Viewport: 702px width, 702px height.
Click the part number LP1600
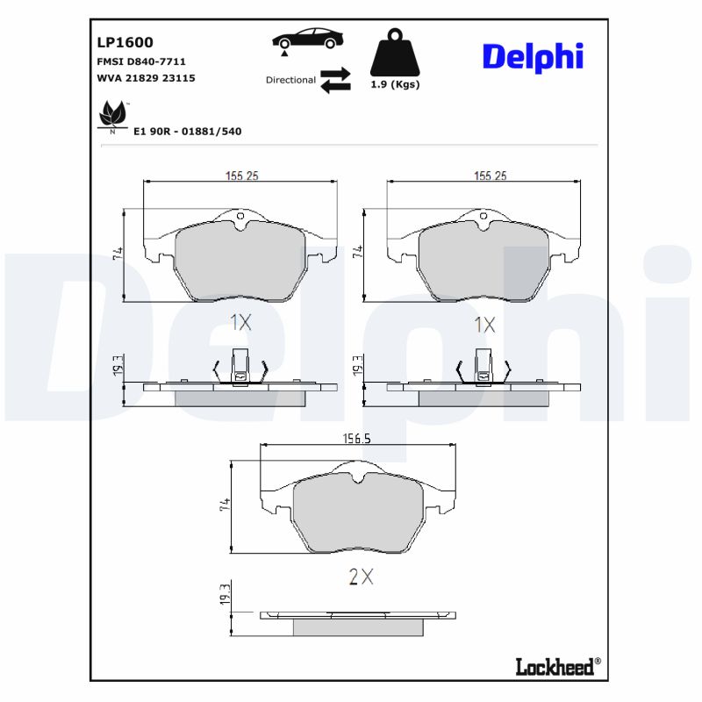coord(125,41)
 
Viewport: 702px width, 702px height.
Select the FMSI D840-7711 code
coord(140,61)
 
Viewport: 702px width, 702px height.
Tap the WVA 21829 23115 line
coord(146,78)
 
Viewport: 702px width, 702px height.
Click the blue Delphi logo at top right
coord(533,57)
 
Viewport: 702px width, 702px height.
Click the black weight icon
coord(395,54)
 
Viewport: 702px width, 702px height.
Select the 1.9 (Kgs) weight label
coord(395,85)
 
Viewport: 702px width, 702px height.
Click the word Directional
coord(290,80)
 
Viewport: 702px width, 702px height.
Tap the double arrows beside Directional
coord(335,79)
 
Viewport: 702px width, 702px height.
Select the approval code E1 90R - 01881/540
coord(187,131)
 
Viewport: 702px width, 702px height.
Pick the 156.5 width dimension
coord(355,440)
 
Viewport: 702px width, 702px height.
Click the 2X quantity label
coord(362,577)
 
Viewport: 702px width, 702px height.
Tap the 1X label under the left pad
coord(240,323)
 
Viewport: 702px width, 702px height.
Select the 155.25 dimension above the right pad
coord(490,175)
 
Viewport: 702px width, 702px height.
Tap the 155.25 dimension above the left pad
coord(240,175)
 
